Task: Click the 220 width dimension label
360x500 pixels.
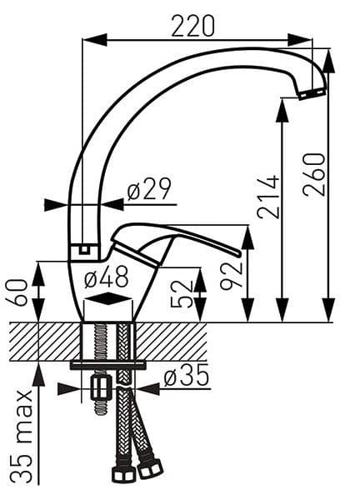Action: [192, 26]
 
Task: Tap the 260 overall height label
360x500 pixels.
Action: [314, 174]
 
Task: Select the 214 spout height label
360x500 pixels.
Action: [268, 197]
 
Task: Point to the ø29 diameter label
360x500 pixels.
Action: [149, 188]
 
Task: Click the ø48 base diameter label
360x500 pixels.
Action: [107, 277]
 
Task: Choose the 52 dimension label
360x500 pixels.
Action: [182, 294]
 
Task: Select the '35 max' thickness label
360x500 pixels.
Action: [22, 437]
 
